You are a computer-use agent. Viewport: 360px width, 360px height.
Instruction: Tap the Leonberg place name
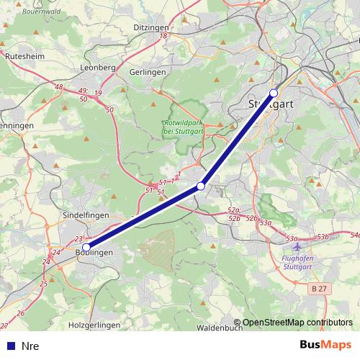(x=100, y=67)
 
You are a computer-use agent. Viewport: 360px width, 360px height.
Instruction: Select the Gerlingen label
(x=148, y=72)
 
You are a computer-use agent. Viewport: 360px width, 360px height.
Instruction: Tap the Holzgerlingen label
(x=94, y=325)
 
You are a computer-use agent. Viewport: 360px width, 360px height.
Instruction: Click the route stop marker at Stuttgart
(x=274, y=93)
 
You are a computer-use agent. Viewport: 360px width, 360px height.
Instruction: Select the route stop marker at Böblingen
(x=86, y=247)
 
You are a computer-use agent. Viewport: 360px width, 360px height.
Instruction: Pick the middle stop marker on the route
(x=201, y=186)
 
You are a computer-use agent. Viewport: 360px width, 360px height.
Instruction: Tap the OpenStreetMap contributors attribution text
(x=297, y=323)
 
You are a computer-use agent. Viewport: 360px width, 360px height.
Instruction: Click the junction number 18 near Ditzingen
(x=164, y=35)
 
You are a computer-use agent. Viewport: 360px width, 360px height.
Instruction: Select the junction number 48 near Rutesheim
(x=59, y=87)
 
